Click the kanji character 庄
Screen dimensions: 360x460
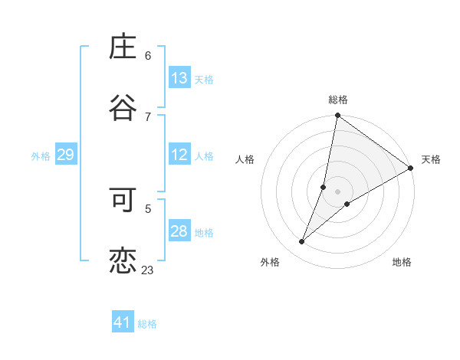coord(123,47)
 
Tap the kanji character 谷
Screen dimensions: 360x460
coord(123,107)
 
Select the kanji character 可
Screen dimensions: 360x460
coord(123,201)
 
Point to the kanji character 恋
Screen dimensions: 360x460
coord(123,261)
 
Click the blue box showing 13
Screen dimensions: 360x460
coord(179,78)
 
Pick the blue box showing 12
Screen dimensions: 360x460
coord(179,155)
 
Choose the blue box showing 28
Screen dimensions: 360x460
coord(179,231)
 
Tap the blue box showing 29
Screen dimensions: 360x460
coord(65,155)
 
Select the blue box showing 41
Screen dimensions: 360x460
coord(123,322)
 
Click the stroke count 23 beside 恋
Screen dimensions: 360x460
coord(147,270)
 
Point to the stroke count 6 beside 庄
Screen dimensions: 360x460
coord(148,56)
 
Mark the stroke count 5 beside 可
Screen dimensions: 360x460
coord(148,208)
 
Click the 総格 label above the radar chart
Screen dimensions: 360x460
coord(338,100)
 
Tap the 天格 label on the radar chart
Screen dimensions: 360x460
coord(431,159)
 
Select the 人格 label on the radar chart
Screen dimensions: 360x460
coord(245,159)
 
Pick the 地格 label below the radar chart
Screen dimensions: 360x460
coord(402,262)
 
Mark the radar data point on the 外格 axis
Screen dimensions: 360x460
coord(302,242)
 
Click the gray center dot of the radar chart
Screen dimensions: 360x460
coord(338,191)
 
